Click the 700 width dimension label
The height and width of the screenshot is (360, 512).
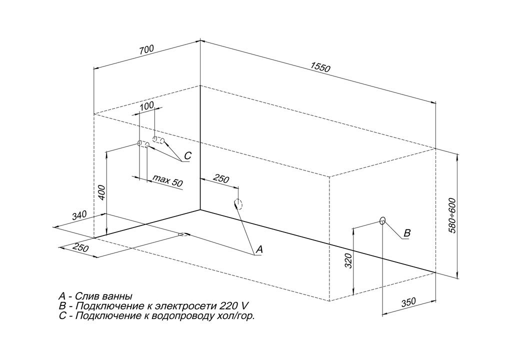click(x=146, y=50)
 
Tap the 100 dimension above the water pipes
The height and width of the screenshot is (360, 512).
click(x=147, y=106)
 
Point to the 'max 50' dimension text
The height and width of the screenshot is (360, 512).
click(x=168, y=180)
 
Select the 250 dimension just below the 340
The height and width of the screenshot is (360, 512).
click(x=80, y=248)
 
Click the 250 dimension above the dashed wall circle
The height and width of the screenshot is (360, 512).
click(x=221, y=178)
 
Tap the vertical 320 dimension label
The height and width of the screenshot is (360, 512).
click(x=348, y=260)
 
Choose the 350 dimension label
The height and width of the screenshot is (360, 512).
click(x=408, y=302)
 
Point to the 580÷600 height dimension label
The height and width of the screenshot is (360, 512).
click(x=452, y=215)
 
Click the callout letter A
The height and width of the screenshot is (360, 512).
click(x=259, y=249)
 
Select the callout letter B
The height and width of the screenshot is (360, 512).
click(x=407, y=233)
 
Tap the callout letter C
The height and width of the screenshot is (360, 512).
click(x=187, y=156)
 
